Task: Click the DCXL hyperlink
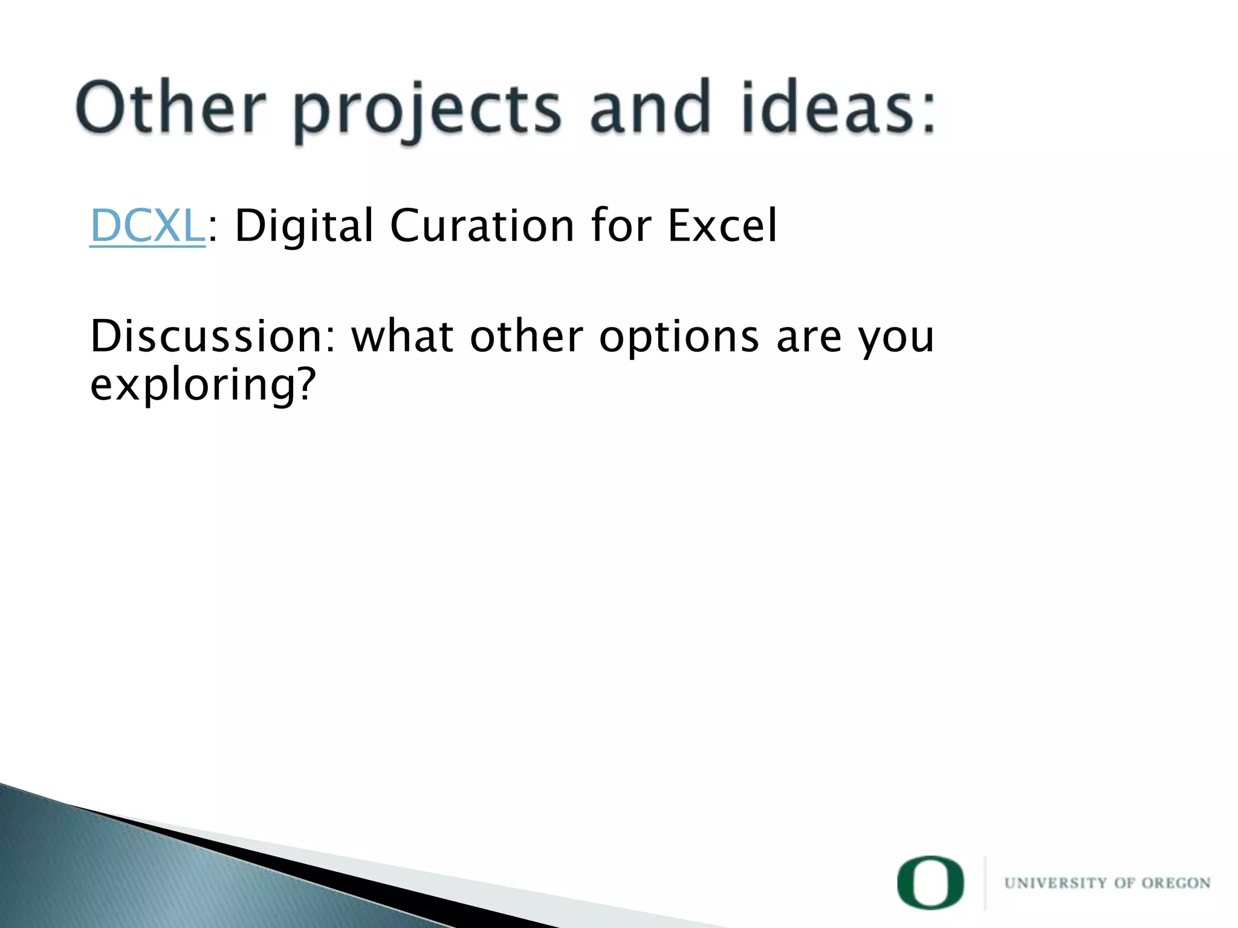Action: [x=147, y=226]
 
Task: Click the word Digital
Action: [x=304, y=226]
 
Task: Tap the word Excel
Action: [x=722, y=226]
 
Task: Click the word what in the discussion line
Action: [x=403, y=336]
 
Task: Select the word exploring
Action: [x=190, y=385]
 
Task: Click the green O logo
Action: [x=930, y=883]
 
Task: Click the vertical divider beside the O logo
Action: [x=985, y=883]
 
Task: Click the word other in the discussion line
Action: [x=527, y=336]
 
